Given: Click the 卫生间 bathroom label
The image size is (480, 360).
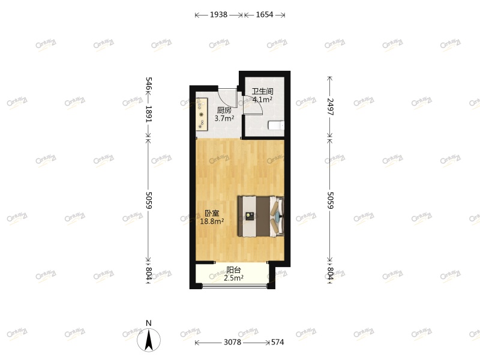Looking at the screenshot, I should [x=263, y=92].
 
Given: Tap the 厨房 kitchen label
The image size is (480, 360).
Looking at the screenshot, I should [x=224, y=110].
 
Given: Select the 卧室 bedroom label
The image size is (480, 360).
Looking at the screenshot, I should [x=212, y=213].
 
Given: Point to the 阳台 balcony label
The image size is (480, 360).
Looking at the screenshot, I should [x=234, y=270].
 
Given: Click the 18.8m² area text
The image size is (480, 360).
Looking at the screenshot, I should [x=212, y=221].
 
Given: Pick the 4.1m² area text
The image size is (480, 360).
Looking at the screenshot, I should [x=263, y=100].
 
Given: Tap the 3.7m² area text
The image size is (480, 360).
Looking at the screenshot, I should [x=224, y=119].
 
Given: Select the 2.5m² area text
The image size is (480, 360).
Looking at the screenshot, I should [x=234, y=278].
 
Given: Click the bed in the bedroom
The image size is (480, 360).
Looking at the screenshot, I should [x=261, y=216].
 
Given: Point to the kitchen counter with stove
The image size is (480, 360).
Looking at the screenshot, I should [x=201, y=114].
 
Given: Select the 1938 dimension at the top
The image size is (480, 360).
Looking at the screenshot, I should [x=218, y=15].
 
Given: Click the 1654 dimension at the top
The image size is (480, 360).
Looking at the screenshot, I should [x=263, y=15].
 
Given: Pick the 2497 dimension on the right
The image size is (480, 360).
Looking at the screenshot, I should [x=329, y=110].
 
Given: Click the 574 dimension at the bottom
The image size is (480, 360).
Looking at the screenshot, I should [x=277, y=343].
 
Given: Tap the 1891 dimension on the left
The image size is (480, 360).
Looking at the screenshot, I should [x=149, y=114].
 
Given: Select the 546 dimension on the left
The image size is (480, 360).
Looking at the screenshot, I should [x=149, y=83].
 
